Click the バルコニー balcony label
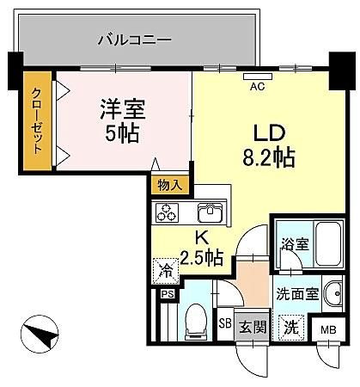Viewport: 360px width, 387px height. pos(134,40)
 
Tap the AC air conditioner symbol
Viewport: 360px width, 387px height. pos(258,77)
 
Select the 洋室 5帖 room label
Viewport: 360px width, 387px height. pos(123,120)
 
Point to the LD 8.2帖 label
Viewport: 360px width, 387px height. pos(269,146)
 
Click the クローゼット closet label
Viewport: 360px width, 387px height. pos(37,120)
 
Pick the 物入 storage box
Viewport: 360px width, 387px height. pos(170,186)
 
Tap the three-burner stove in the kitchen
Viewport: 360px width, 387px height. pos(167,212)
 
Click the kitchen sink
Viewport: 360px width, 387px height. pos(211,212)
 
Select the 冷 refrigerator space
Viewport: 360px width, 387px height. pos(166,271)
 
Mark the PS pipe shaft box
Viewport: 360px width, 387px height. pos(168,294)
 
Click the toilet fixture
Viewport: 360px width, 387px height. pos(196,322)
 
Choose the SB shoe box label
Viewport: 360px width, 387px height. pos(225,323)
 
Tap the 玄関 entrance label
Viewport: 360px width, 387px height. pos(253,327)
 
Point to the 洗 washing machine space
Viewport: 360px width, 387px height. pos(291,328)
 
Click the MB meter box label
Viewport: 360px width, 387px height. pos(328,330)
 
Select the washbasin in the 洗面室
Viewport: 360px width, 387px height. pos(333,293)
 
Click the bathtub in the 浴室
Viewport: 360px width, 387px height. pos(328,244)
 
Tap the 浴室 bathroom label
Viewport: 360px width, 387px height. pos(295,244)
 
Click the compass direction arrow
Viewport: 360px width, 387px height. pos(41,334)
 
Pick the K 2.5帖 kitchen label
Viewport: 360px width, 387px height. pos(201,249)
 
